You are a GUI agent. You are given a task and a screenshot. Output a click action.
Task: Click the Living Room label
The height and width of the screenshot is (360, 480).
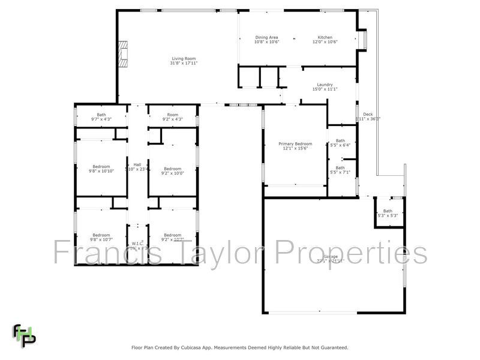[x=184, y=58]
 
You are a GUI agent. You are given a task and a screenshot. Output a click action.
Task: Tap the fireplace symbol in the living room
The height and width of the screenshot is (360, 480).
[x=123, y=53]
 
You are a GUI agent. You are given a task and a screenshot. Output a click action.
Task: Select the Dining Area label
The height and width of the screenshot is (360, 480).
[x=266, y=37]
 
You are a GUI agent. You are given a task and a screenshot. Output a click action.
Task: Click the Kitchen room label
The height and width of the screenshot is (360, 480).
[x=325, y=37]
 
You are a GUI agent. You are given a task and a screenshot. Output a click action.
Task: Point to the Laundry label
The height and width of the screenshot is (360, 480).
[x=325, y=85]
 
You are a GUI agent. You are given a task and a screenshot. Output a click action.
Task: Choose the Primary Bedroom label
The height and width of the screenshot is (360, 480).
[x=295, y=144]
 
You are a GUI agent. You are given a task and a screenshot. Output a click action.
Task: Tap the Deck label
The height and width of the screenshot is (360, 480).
[x=368, y=114]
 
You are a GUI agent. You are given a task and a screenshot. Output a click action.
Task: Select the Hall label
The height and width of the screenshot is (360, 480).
[x=137, y=164]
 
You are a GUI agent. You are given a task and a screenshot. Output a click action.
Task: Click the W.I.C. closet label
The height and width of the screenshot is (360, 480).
[x=137, y=244]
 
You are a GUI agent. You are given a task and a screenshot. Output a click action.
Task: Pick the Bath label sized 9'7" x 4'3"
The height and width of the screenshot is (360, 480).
[x=101, y=115]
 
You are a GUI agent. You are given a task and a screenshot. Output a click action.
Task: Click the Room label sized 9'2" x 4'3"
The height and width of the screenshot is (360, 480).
[x=173, y=115]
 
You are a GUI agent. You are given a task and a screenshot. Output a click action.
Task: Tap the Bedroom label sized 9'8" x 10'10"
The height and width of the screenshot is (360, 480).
[x=101, y=167]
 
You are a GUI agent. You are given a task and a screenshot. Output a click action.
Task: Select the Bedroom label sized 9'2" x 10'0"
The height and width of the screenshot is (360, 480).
[x=173, y=169]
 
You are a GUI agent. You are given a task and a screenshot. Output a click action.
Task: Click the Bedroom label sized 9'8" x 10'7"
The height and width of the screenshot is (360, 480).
[x=101, y=235]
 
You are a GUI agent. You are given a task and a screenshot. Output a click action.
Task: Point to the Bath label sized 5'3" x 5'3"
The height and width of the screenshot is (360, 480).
[x=388, y=211]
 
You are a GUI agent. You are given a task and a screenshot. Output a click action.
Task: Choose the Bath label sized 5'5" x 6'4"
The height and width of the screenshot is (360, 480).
[x=340, y=141]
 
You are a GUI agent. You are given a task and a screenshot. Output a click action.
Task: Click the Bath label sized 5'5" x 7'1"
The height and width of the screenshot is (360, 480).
[x=340, y=168]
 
